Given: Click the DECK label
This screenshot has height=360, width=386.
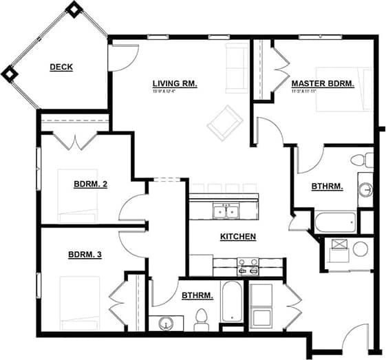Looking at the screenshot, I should pos(61,67).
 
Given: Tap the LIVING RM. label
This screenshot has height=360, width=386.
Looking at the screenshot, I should pos(175,83).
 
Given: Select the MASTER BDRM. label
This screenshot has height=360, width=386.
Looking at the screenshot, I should pos(323,83).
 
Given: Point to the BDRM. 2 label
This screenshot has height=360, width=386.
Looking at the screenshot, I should pos(90,184).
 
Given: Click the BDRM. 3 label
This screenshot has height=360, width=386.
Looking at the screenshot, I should pos(85,255).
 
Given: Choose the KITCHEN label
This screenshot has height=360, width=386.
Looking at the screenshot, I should pos(237,237).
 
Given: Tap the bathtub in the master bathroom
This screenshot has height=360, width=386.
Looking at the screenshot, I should pos(335,222).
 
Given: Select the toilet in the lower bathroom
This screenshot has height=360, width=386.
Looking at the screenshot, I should pos(202,318).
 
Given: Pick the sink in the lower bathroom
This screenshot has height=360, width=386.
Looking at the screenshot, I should pos(164,323).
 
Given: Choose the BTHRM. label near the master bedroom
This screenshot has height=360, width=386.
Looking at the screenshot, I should pos(327,186).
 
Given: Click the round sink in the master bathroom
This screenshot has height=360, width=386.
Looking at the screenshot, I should pos(367,188).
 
